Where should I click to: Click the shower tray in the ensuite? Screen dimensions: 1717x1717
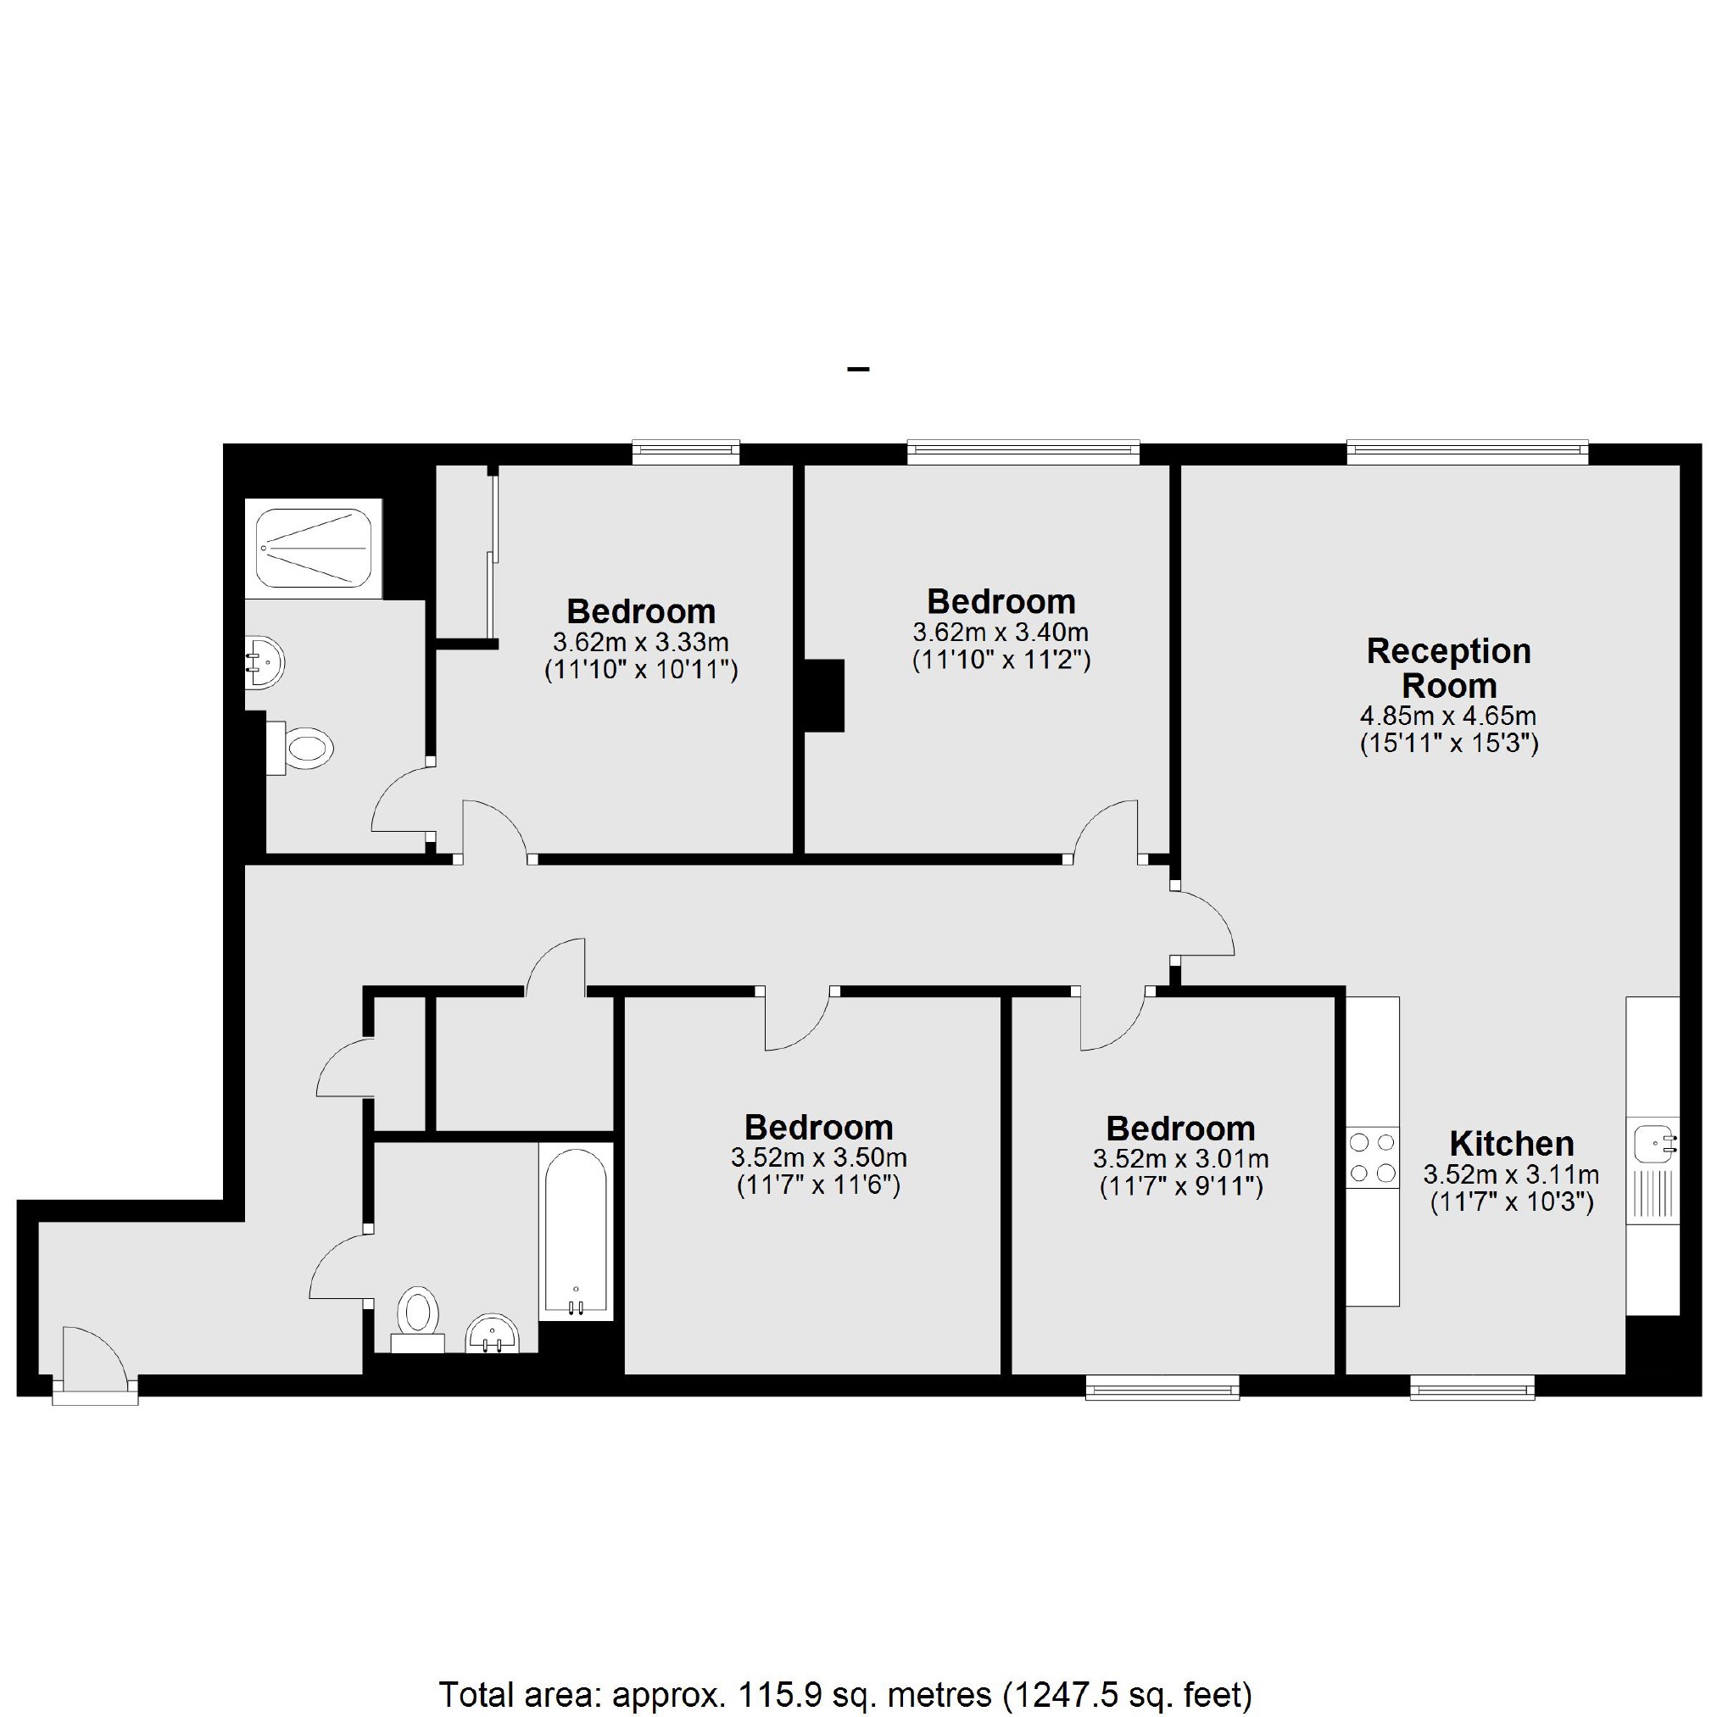313,548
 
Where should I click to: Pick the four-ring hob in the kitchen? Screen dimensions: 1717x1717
1372,1158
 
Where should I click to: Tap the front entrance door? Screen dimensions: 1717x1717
94,1360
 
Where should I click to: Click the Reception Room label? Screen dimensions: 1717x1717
1448,668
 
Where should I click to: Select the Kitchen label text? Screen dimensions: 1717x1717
1511,1143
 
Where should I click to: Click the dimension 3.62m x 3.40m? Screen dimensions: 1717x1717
1001,633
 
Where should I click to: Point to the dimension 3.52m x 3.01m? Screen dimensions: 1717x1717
1180,1159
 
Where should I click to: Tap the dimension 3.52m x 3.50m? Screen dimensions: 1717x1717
818,1158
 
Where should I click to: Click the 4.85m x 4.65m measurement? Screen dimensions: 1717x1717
1447,716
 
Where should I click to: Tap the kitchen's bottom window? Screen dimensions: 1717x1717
1473,1387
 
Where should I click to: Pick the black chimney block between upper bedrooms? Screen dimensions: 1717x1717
824,695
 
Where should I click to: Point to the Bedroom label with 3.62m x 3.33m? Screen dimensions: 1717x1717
641,611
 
